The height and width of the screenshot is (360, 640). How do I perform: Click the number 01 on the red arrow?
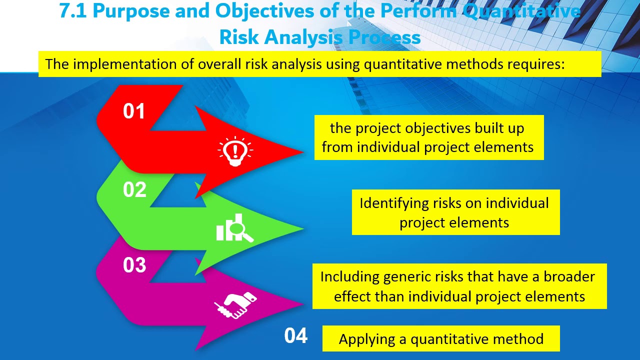point(134,111)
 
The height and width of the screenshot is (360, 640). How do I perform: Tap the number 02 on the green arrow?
point(134,190)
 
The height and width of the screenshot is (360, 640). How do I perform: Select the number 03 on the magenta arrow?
point(134,265)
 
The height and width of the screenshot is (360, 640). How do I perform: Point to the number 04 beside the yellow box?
point(296,336)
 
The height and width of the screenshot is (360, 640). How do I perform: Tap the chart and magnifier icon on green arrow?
point(234,228)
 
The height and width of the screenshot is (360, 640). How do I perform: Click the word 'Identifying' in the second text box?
point(394,203)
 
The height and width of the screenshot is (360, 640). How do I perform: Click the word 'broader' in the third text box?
point(569,277)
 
